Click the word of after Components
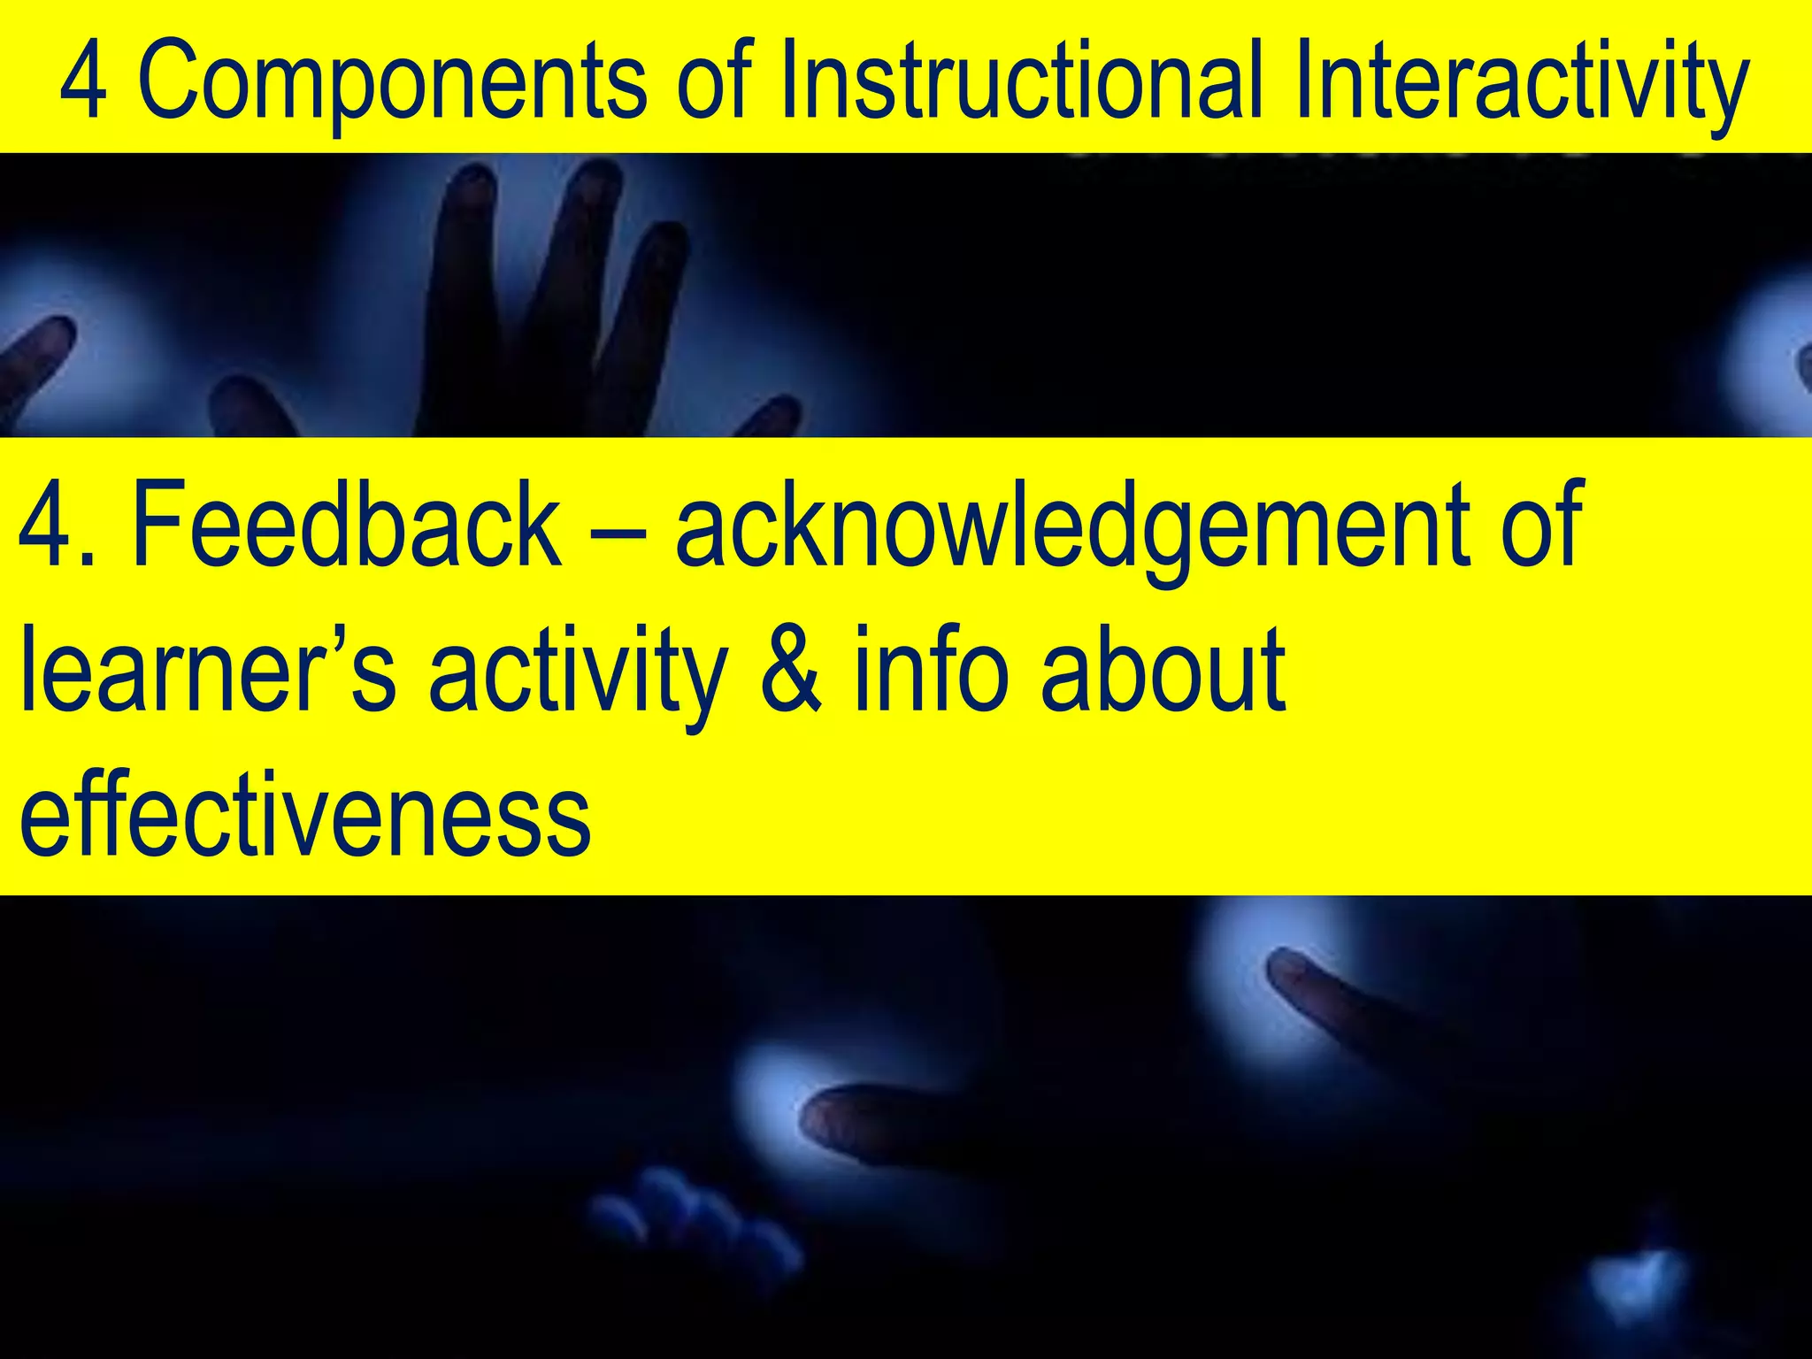713,82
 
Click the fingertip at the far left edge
40,349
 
